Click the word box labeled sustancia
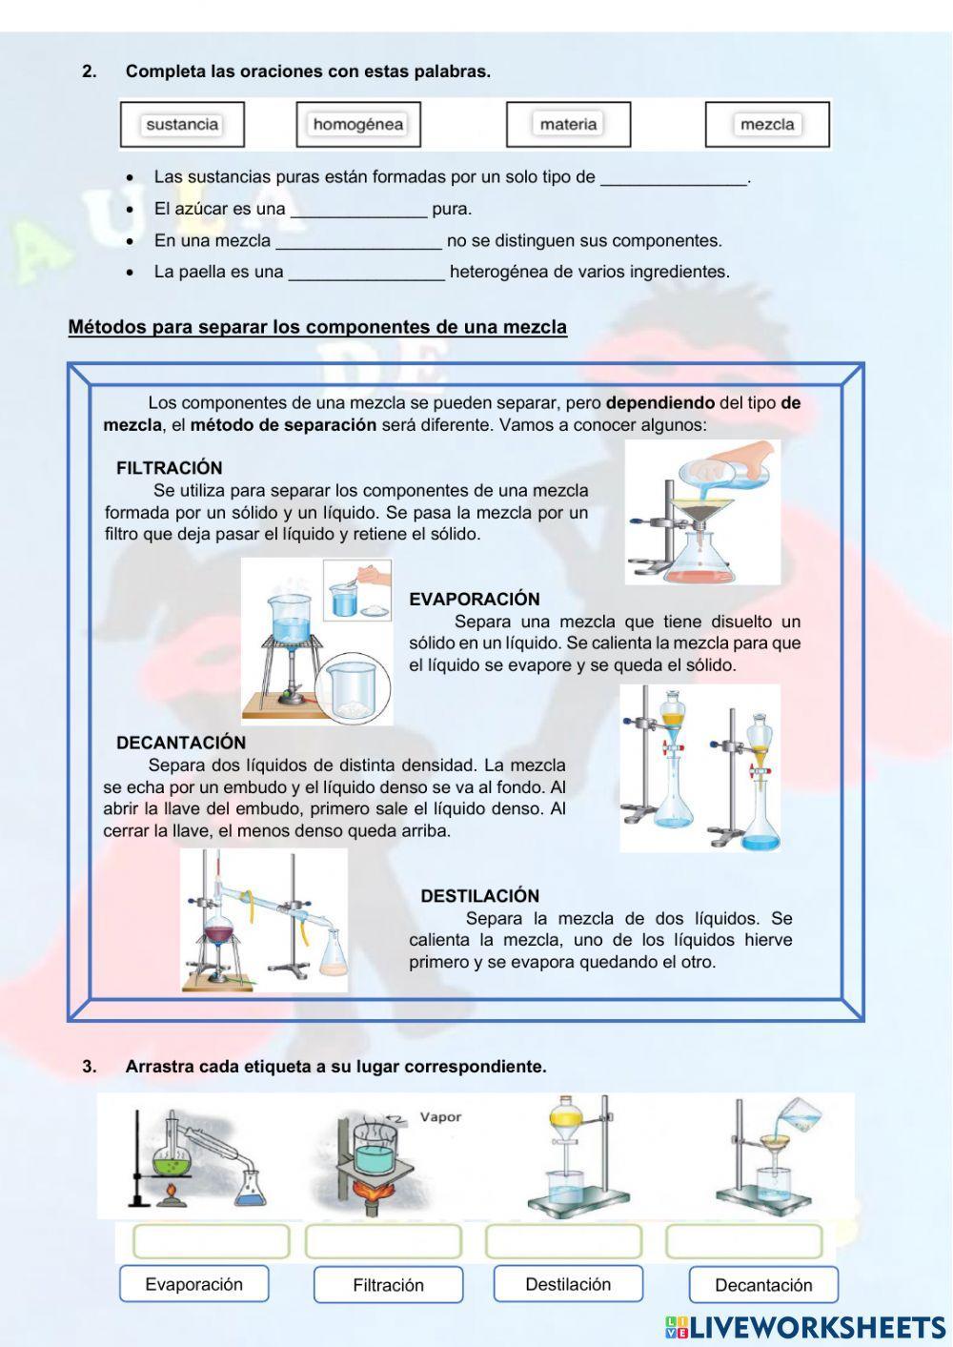click(x=182, y=124)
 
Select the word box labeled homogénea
click(x=357, y=124)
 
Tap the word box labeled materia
click(x=568, y=124)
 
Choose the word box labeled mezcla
click(x=767, y=124)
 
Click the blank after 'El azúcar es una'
click(x=358, y=210)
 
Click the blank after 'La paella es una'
click(x=366, y=273)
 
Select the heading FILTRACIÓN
click(x=169, y=468)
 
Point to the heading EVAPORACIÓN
click(x=474, y=599)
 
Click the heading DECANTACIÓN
click(x=180, y=743)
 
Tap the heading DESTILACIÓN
click(x=479, y=896)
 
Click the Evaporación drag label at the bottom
click(x=193, y=1284)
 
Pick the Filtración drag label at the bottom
click(x=388, y=1285)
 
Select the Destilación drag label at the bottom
click(x=568, y=1284)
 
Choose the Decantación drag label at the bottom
click(x=763, y=1285)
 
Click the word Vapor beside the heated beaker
click(x=440, y=1117)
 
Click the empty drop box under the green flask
click(x=211, y=1241)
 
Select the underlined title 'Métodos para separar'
click(x=317, y=327)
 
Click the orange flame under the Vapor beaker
click(x=380, y=1191)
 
